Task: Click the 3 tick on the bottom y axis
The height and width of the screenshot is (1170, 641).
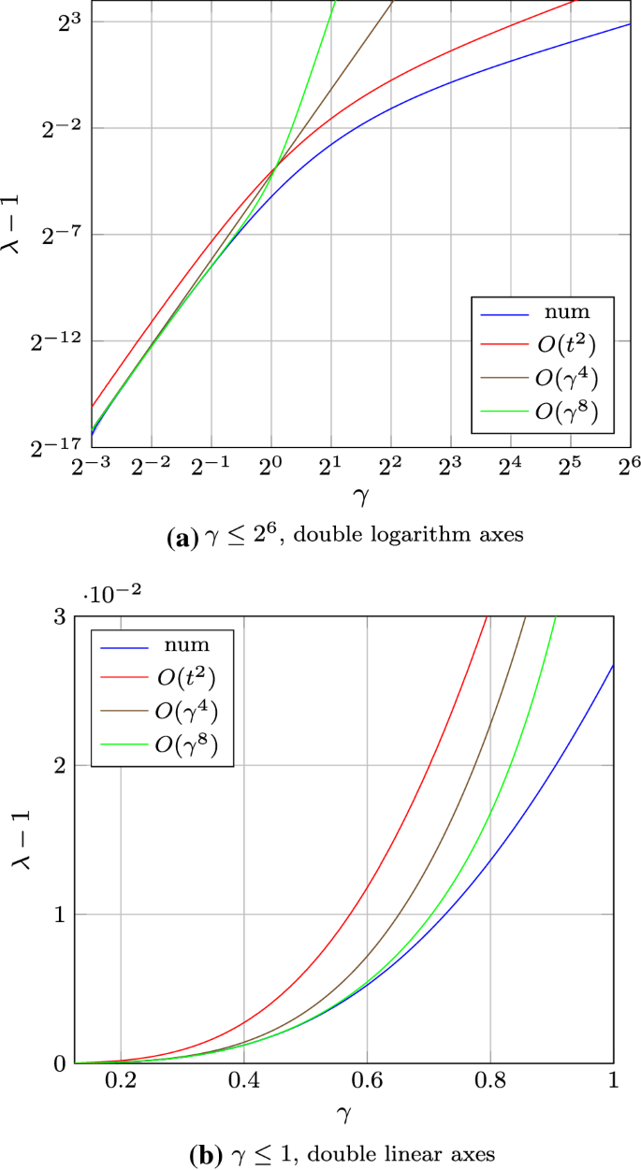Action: pyautogui.click(x=62, y=617)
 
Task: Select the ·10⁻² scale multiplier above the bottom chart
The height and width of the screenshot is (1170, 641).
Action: pyautogui.click(x=109, y=595)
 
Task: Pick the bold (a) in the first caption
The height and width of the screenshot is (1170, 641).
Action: pyautogui.click(x=179, y=539)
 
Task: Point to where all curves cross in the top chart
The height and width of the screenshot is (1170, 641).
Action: pyautogui.click(x=272, y=169)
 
